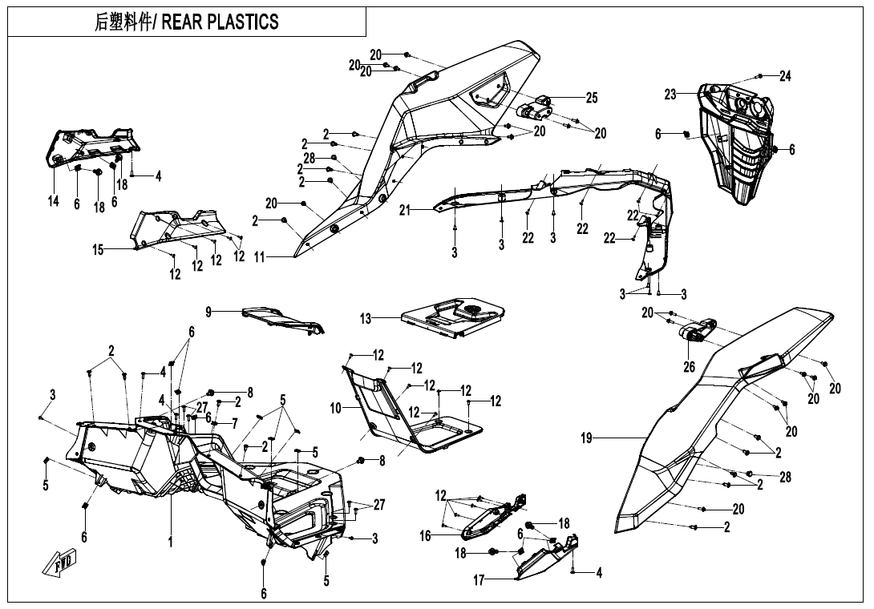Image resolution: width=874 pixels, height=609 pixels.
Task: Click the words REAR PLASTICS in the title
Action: coord(221,22)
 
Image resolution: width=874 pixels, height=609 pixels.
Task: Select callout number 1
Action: coord(171,542)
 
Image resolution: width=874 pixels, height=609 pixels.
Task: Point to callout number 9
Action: coord(208,312)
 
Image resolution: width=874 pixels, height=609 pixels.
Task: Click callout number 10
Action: coord(335,409)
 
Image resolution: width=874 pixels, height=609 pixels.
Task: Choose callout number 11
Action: coord(259,257)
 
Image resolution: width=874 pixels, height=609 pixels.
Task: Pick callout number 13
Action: coord(366,319)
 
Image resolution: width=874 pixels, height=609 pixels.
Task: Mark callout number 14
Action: coord(54,200)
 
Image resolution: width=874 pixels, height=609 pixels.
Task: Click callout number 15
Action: coord(98,250)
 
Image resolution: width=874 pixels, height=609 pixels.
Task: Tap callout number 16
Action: coord(425,535)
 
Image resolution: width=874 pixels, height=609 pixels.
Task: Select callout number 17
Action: coord(479,580)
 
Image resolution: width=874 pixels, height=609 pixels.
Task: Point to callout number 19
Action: coord(586,438)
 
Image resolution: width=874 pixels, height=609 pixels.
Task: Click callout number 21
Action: coord(405,210)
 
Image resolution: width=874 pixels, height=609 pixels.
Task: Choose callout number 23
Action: coord(670,95)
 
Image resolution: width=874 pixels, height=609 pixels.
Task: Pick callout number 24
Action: coord(785,76)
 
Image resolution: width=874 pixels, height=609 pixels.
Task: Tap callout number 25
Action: coord(592,98)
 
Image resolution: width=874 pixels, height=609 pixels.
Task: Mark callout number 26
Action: coord(690,367)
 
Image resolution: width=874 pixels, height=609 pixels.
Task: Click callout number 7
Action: coord(235,424)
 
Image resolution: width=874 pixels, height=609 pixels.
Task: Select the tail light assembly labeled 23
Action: coord(736,143)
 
